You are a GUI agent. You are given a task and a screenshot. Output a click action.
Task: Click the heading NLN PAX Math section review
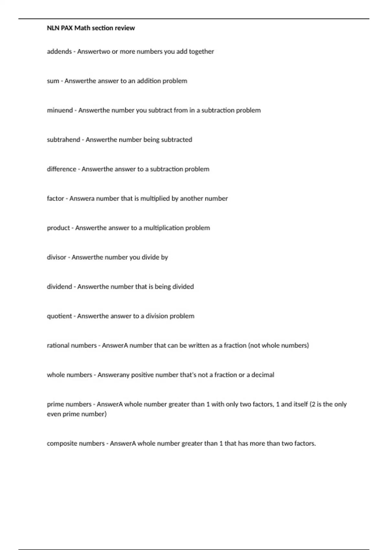click(x=91, y=28)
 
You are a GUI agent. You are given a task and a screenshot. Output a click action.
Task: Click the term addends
click(x=59, y=51)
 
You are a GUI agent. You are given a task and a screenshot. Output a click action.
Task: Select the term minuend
click(x=60, y=110)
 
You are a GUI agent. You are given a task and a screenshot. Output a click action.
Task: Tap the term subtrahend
click(x=63, y=140)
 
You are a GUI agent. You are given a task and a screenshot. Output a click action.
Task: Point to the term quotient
click(x=59, y=316)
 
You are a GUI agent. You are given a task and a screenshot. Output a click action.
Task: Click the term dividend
click(x=59, y=287)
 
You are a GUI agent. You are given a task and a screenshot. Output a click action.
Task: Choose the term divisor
click(x=56, y=257)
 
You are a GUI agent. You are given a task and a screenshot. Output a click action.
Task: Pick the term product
click(x=58, y=228)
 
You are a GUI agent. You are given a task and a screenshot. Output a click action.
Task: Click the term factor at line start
click(x=55, y=199)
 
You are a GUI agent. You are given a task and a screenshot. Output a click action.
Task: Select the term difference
click(x=61, y=169)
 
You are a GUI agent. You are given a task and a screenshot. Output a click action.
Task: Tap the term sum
click(x=53, y=81)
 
